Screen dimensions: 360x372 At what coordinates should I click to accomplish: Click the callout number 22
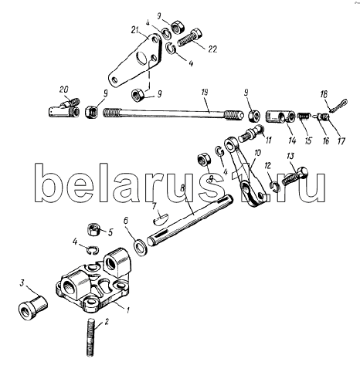(212, 49)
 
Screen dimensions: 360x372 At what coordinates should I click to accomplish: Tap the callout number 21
(134, 30)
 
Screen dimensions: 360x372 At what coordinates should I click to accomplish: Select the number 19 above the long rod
(205, 93)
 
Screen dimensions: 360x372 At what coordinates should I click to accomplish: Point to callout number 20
(63, 90)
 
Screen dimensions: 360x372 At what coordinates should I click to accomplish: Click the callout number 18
(324, 94)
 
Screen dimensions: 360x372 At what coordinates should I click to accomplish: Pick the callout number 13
(290, 156)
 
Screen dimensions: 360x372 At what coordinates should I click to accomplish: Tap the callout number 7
(154, 206)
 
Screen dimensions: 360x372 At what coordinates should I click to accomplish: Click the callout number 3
(22, 283)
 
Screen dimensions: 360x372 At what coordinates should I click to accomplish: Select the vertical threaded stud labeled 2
(92, 337)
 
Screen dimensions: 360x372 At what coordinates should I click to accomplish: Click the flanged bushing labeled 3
(33, 308)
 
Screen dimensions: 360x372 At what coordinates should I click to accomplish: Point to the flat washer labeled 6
(141, 247)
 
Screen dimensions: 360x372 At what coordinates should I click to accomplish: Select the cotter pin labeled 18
(338, 105)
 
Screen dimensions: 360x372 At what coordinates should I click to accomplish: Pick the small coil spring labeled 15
(304, 117)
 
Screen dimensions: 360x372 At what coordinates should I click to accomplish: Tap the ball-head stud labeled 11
(250, 134)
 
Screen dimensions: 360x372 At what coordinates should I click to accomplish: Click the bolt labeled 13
(295, 176)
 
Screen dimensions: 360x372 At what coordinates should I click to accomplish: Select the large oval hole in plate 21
(141, 58)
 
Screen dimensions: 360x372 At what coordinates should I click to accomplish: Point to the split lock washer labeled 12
(276, 187)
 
